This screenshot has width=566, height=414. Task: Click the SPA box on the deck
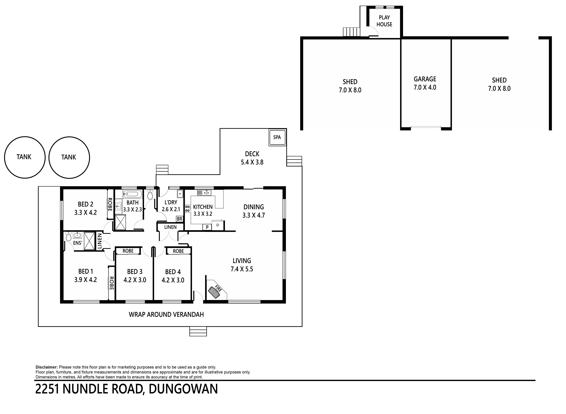click(x=277, y=137)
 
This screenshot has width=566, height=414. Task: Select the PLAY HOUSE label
click(x=384, y=21)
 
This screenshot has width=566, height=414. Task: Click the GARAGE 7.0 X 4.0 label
click(x=425, y=83)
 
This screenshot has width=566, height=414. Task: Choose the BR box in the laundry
click(x=179, y=219)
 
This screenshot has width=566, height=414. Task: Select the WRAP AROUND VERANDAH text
click(x=166, y=315)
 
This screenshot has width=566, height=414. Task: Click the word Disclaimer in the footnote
click(x=47, y=367)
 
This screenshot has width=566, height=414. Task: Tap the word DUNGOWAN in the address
click(x=183, y=389)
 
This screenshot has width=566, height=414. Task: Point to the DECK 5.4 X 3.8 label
click(x=252, y=158)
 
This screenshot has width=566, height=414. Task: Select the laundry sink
click(x=180, y=193)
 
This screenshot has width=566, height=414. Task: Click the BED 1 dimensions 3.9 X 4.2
click(x=85, y=280)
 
